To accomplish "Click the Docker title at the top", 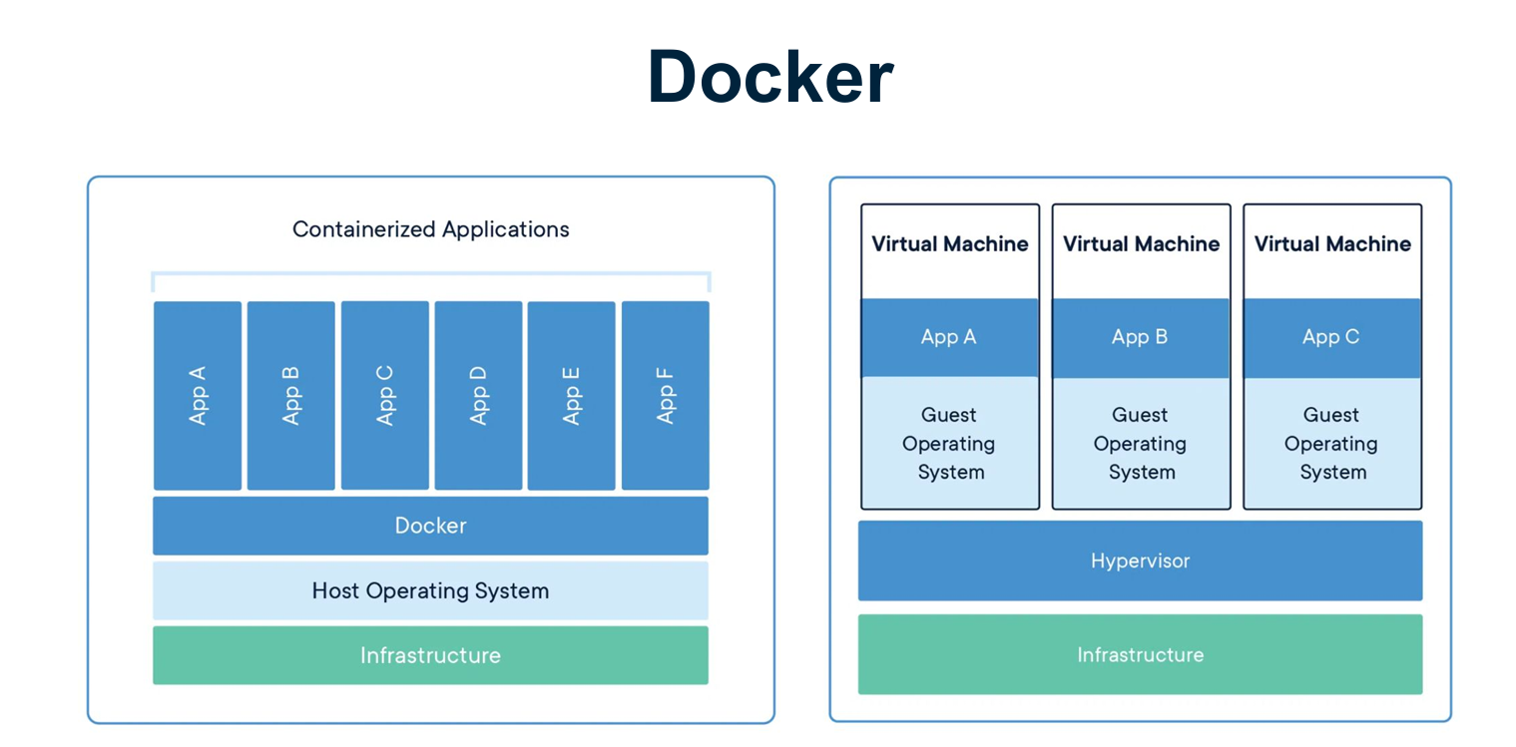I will pyautogui.click(x=769, y=77).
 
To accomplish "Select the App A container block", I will pyautogui.click(x=198, y=396).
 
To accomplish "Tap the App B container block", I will pyautogui.click(x=290, y=396).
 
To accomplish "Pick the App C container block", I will pyautogui.click(x=384, y=396).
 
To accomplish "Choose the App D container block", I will pyautogui.click(x=478, y=396).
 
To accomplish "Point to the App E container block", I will pyautogui.click(x=571, y=396).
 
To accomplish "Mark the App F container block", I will pyautogui.click(x=665, y=396).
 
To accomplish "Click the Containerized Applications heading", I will pyautogui.click(x=430, y=229).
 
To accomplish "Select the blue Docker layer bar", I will pyautogui.click(x=430, y=526).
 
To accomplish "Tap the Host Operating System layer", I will pyautogui.click(x=430, y=590).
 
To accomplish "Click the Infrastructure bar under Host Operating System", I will pyautogui.click(x=430, y=655).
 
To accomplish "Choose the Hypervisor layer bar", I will pyautogui.click(x=1140, y=560).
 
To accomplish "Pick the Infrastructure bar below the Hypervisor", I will pyautogui.click(x=1140, y=654).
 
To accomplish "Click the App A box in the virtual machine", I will pyautogui.click(x=949, y=337).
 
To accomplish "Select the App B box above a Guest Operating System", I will pyautogui.click(x=1141, y=337).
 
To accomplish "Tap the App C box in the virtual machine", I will pyautogui.click(x=1331, y=337).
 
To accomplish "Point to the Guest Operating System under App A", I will pyautogui.click(x=949, y=443).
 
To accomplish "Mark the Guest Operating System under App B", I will pyautogui.click(x=1141, y=443).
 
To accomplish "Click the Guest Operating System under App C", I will pyautogui.click(x=1331, y=443).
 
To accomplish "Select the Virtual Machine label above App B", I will pyautogui.click(x=1141, y=244).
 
